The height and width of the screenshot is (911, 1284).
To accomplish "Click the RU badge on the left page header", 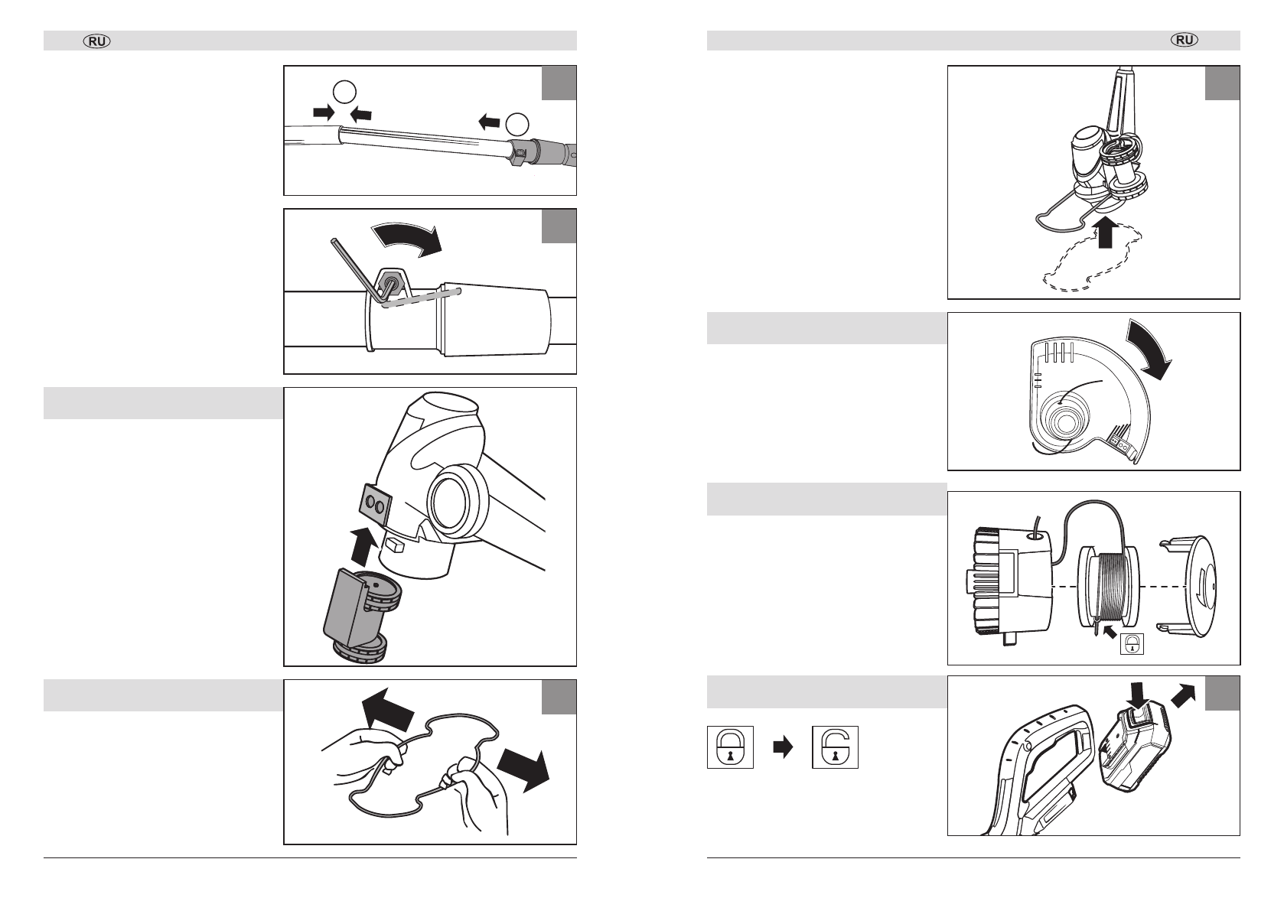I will pyautogui.click(x=98, y=41).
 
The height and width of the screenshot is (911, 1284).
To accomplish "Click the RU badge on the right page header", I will pyautogui.click(x=1185, y=41).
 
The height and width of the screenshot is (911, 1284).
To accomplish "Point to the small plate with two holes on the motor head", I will pyautogui.click(x=376, y=503).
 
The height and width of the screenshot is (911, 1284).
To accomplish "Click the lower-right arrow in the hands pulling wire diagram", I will pyautogui.click(x=523, y=770).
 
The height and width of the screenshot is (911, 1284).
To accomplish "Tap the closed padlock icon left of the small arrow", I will pyautogui.click(x=730, y=747).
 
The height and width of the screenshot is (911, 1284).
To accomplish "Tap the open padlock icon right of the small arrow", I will pyautogui.click(x=836, y=747).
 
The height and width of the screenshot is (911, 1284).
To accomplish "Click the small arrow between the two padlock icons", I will pyautogui.click(x=783, y=747).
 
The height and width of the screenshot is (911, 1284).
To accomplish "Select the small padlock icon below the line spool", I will pyautogui.click(x=1132, y=644).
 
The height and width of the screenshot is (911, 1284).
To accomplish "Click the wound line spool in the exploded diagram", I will pyautogui.click(x=1109, y=584).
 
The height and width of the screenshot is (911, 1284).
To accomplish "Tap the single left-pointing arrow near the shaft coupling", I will pyautogui.click(x=490, y=120).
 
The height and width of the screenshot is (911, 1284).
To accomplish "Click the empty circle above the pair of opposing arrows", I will pyautogui.click(x=344, y=93).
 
